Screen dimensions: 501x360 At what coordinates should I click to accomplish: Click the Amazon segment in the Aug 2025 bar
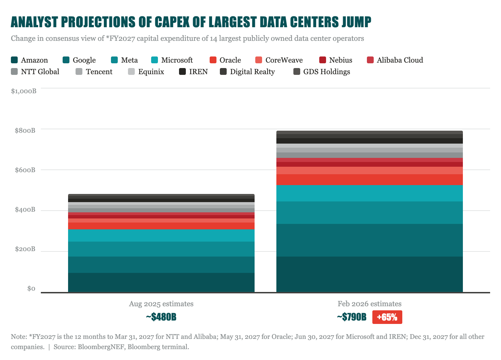(161, 282)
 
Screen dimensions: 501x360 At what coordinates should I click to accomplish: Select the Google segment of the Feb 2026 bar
(370, 240)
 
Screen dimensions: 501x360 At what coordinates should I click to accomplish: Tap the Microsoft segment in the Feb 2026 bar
(370, 193)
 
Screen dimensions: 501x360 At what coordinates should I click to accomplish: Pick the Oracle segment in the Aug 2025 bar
(161, 226)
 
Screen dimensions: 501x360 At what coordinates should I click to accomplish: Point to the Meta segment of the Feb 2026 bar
(370, 213)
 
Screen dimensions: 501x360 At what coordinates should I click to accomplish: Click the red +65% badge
(387, 317)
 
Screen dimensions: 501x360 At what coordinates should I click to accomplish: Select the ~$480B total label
(161, 317)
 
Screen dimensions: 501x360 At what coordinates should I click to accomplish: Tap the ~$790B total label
(352, 317)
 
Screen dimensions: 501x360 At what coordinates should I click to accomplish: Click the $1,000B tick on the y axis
(24, 91)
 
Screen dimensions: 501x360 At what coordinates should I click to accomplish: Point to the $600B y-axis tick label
(25, 170)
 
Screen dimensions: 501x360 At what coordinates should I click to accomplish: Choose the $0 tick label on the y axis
(31, 289)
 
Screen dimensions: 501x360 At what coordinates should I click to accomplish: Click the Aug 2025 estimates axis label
(161, 304)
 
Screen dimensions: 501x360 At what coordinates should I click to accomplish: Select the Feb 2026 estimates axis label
(370, 304)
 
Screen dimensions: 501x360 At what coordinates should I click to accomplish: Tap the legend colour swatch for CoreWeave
(259, 60)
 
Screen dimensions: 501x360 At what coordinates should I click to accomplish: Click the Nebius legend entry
(336, 60)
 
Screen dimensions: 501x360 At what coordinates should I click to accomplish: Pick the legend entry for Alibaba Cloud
(395, 60)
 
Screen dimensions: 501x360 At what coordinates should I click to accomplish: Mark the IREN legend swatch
(182, 71)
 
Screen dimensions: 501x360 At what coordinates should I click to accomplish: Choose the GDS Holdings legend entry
(322, 71)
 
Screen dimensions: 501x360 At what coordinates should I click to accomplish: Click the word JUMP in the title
(356, 22)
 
